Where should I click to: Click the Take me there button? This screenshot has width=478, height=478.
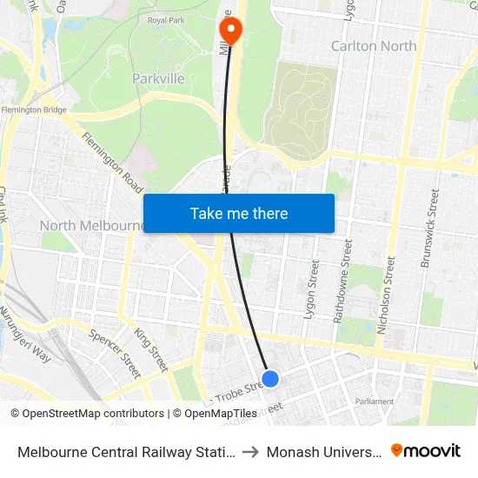click(x=238, y=213)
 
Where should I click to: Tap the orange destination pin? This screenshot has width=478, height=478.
click(x=230, y=30)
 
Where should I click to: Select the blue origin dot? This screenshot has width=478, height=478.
click(x=270, y=378)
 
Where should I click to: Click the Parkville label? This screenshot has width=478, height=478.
click(x=158, y=79)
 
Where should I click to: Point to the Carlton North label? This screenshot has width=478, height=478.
click(x=374, y=46)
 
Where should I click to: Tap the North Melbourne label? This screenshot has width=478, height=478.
click(x=90, y=226)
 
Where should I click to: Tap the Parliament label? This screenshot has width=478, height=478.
click(x=375, y=402)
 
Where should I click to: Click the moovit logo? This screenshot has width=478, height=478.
click(x=426, y=450)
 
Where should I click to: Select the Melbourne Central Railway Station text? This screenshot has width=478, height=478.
click(x=125, y=451)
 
